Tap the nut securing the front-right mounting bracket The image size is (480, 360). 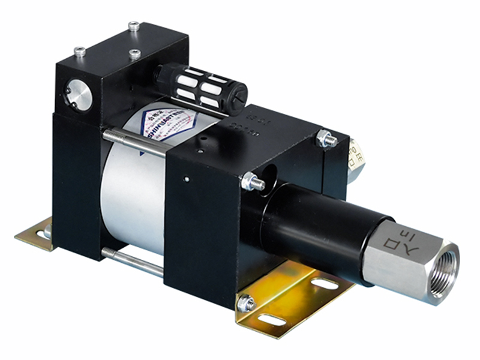[246, 304]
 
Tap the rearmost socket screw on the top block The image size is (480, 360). [133, 26]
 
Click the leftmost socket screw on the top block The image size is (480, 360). [79, 51]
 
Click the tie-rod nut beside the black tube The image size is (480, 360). [252, 181]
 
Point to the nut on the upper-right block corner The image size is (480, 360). [326, 139]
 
